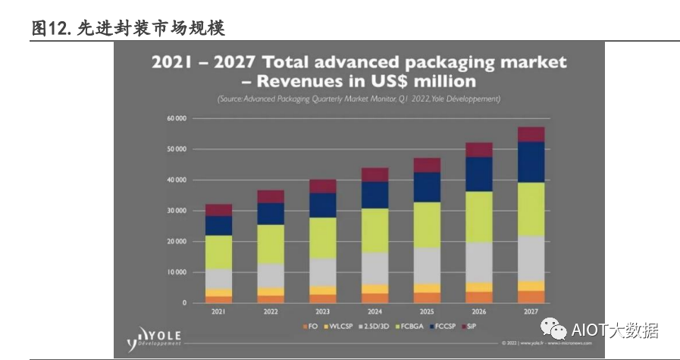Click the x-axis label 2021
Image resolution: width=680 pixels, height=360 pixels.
coord(218,311)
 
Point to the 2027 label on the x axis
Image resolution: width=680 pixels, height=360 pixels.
coord(531,311)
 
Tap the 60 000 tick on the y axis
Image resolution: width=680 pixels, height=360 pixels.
coord(176,119)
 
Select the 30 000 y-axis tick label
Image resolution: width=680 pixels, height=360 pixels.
coord(176,211)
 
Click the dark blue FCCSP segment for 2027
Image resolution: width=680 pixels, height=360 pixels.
coord(531,162)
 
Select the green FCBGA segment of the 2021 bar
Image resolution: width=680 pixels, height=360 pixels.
coord(218,252)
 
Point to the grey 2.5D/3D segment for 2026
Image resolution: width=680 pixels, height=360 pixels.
coord(479,262)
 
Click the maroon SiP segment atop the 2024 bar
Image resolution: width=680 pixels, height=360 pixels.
coord(374,174)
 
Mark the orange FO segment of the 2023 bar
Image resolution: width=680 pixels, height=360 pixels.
coord(323,299)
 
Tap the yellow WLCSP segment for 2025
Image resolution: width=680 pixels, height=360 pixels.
coord(427,288)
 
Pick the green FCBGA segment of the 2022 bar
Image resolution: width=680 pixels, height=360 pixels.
coord(271,244)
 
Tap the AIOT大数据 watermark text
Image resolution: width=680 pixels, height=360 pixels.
coord(614,330)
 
